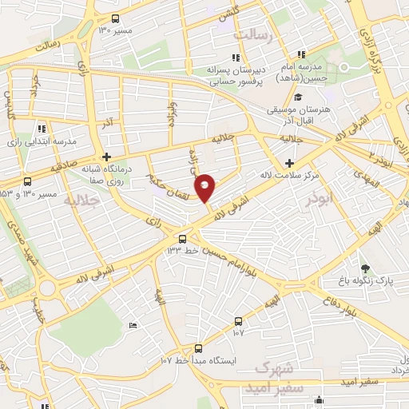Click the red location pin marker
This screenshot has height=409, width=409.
point(205,187)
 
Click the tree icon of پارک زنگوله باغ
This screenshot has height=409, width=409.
point(366,268)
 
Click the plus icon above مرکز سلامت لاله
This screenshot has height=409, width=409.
point(300,163)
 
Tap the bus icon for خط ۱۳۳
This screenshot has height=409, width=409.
point(182,238)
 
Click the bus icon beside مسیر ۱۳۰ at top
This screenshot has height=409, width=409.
point(115,18)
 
